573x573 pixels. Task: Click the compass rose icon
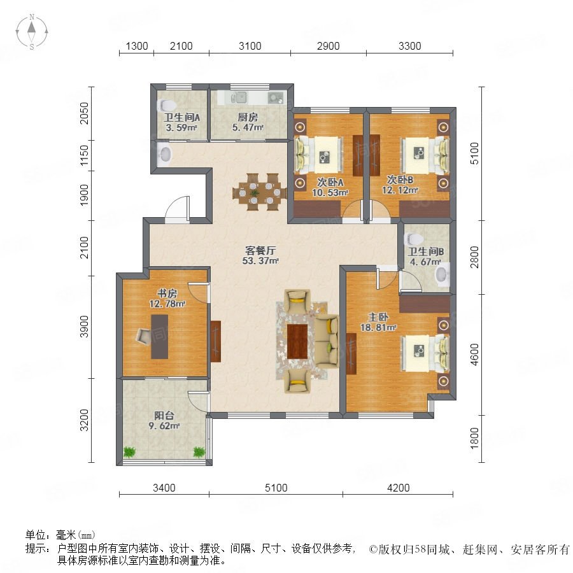pos(32,32)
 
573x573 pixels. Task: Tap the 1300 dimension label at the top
pos(137,46)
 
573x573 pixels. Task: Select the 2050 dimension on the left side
pos(84,113)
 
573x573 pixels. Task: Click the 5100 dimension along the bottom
pos(276,488)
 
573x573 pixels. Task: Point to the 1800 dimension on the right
pos(474,438)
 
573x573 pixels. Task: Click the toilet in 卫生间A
pos(166,106)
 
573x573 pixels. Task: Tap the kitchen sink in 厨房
pos(239,97)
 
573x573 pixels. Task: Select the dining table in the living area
pos(260,192)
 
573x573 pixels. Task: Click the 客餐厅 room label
pos(260,250)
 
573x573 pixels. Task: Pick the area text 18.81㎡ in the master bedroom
pos(378,327)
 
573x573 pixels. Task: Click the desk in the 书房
pos(160,337)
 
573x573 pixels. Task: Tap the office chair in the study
pos(143,336)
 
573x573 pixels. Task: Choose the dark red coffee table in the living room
pos(297,341)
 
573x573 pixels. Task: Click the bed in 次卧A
pos(319,155)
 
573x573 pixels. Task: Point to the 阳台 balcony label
pos(164,416)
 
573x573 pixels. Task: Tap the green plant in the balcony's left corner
pos(129,452)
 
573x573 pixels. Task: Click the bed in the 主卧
pos(425,353)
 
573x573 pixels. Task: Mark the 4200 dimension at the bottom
pos(399,488)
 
